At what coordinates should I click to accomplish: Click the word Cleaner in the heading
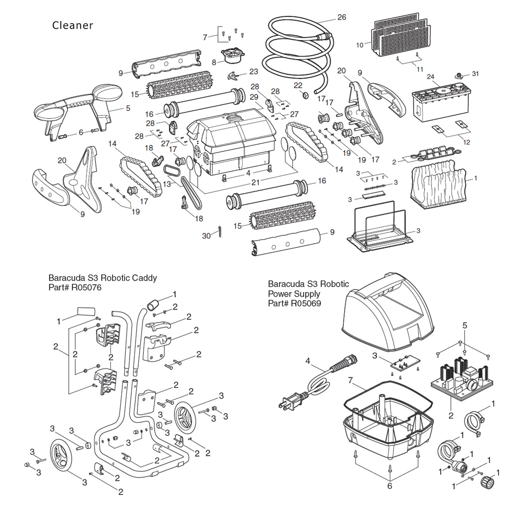coord(73,25)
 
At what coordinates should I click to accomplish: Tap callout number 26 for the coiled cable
coord(342,18)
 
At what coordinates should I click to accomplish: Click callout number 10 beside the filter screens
coord(360,44)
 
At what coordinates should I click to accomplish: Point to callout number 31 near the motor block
coord(475,74)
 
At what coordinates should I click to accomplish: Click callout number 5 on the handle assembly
coord(128,108)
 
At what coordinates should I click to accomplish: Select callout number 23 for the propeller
coord(254,72)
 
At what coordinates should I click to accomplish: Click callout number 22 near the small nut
coord(298,85)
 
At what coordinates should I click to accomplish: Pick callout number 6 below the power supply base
coord(389,486)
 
